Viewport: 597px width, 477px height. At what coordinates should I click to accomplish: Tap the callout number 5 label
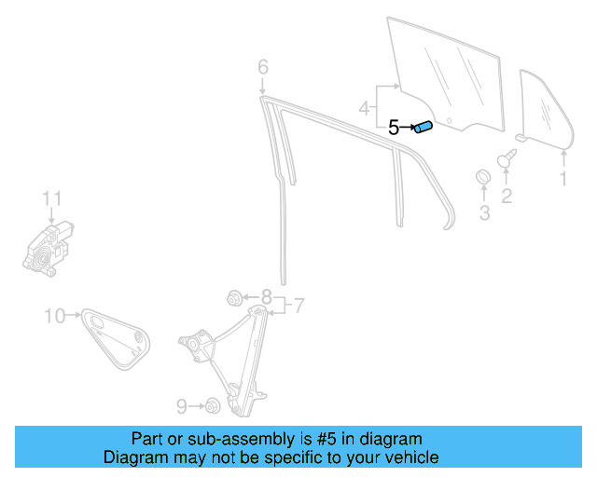click(394, 129)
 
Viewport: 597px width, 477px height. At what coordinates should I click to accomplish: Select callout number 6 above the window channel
click(263, 67)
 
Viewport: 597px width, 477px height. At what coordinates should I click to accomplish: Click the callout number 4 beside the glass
click(365, 109)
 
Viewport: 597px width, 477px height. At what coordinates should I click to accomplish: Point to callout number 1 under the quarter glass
click(562, 177)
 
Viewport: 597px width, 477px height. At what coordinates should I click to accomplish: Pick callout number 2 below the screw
click(507, 196)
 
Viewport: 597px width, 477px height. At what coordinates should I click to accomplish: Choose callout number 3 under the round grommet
click(484, 213)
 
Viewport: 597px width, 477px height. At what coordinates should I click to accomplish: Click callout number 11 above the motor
click(51, 198)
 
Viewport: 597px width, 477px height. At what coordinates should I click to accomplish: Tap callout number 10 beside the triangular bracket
click(54, 316)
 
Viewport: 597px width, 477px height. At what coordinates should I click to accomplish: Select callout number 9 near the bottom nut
click(182, 405)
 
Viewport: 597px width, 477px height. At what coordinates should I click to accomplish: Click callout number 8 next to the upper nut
click(266, 299)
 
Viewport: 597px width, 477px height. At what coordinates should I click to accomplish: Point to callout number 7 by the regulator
click(298, 305)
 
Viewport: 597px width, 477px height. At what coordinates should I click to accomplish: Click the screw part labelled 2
click(507, 159)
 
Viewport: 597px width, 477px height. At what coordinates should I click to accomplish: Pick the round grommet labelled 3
click(484, 178)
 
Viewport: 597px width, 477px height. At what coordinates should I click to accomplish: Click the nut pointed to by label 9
click(213, 405)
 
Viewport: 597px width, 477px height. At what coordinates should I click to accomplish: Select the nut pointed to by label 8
click(235, 298)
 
